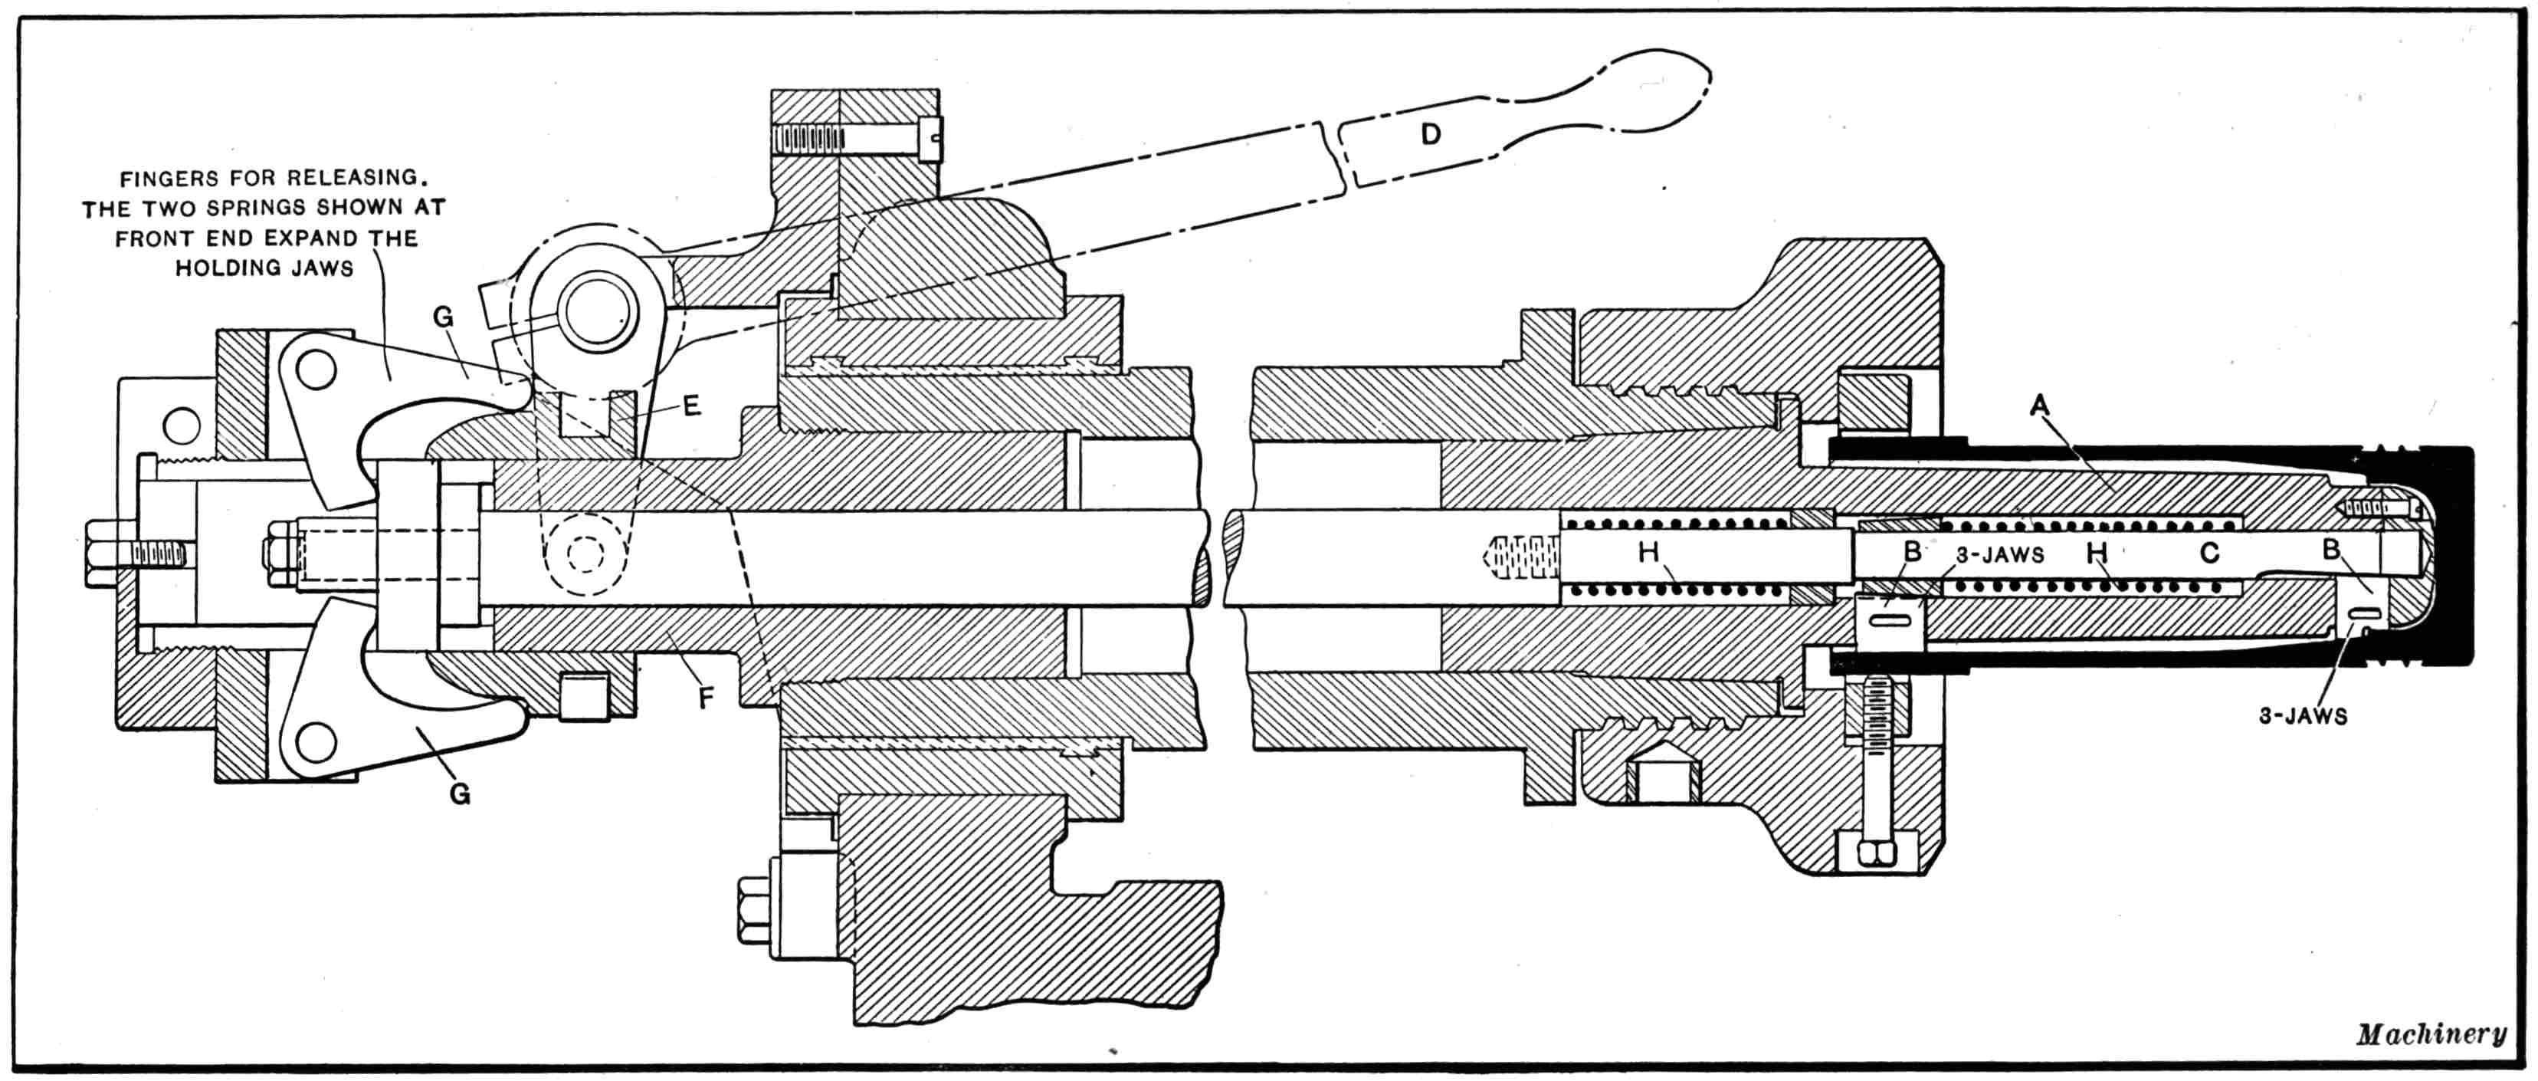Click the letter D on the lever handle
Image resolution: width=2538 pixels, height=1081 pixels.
pyautogui.click(x=1431, y=134)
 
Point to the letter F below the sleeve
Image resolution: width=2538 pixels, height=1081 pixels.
pyautogui.click(x=706, y=698)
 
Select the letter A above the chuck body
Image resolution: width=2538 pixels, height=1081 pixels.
pyautogui.click(x=2038, y=404)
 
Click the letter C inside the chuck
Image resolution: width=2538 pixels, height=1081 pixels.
pyautogui.click(x=2209, y=553)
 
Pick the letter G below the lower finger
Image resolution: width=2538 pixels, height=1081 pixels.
pyautogui.click(x=459, y=793)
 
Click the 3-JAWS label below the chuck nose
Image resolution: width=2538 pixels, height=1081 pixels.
pyautogui.click(x=2303, y=716)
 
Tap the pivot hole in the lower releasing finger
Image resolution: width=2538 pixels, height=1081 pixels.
pyautogui.click(x=315, y=741)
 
